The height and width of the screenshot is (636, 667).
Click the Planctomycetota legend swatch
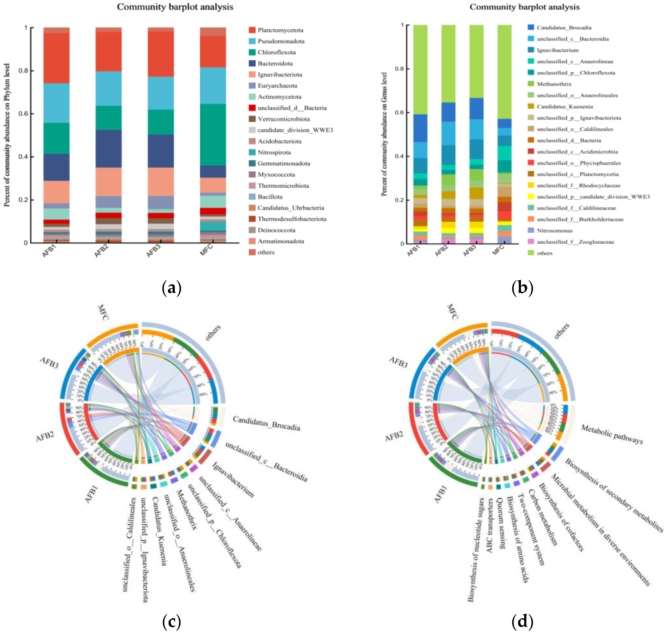[x=252, y=30]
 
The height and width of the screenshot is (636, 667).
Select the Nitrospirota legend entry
[x=274, y=152]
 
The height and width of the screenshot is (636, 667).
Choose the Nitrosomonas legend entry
[x=554, y=231]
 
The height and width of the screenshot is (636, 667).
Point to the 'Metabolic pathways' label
[x=612, y=434]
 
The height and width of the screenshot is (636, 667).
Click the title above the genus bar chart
[x=524, y=7]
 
